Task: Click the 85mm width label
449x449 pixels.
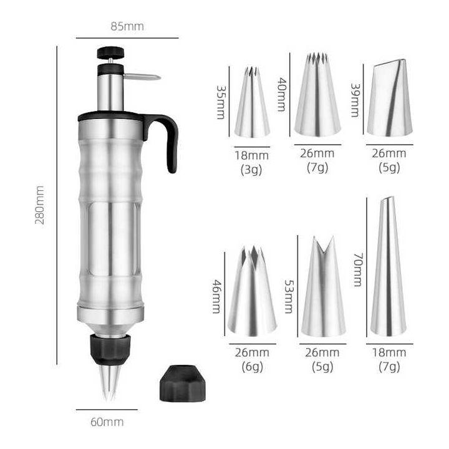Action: click(x=127, y=26)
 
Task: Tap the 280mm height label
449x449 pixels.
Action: click(x=39, y=205)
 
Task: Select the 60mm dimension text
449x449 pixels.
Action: click(x=107, y=422)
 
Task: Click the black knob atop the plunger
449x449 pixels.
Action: click(x=110, y=52)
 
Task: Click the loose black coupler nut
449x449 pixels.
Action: click(x=183, y=383)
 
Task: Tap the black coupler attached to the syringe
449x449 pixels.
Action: click(x=110, y=350)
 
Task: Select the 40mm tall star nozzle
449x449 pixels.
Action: click(x=317, y=95)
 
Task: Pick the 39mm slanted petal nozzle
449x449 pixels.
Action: click(x=390, y=98)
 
